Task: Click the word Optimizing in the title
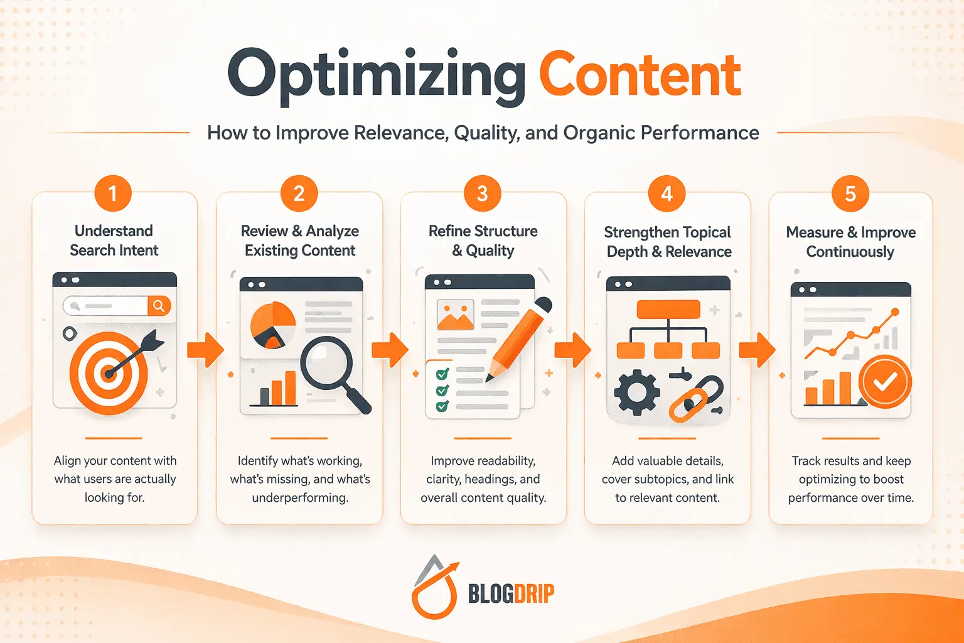pyautogui.click(x=375, y=77)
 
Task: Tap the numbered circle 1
pyautogui.click(x=113, y=193)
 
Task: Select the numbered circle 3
pyautogui.click(x=482, y=193)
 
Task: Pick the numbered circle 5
pyautogui.click(x=850, y=193)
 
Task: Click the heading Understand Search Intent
pyautogui.click(x=114, y=240)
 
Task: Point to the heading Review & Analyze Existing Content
pyautogui.click(x=300, y=240)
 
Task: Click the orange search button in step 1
pyautogui.click(x=159, y=306)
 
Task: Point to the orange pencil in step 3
pyautogui.click(x=518, y=339)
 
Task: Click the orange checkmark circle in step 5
pyautogui.click(x=885, y=382)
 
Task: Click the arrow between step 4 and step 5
pyautogui.click(x=757, y=349)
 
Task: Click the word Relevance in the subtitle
pyautogui.click(x=400, y=133)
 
